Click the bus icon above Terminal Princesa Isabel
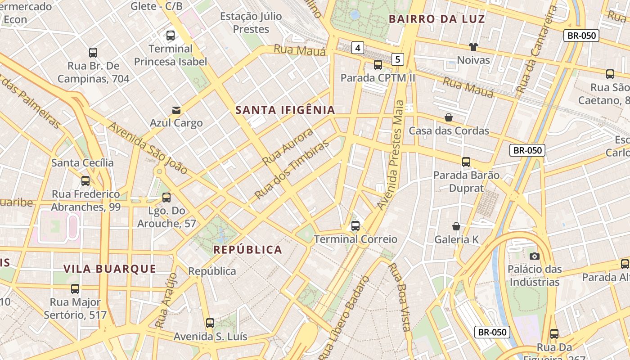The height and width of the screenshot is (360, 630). [x=170, y=36]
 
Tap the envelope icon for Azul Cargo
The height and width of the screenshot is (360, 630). [x=176, y=110]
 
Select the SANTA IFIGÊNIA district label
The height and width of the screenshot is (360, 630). [x=285, y=110]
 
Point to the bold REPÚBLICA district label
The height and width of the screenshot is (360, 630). [x=247, y=250]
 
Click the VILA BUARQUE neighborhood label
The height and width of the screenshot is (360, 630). [x=110, y=269]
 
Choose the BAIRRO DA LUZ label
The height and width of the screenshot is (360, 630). [x=437, y=19]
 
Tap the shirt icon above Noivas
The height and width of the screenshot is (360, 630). [x=473, y=46]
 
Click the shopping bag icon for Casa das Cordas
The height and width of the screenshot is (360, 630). [x=449, y=118]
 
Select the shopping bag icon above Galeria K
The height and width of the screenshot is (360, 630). [x=456, y=226]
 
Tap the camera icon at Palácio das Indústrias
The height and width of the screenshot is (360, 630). [x=535, y=256]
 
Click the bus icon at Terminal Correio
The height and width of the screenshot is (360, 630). [x=355, y=226]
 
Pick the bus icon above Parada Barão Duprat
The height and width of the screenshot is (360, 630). [x=466, y=162]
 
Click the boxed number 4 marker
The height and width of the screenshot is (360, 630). [x=358, y=48]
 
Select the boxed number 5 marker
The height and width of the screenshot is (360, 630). [x=398, y=59]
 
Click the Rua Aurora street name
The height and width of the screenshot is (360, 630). [x=288, y=146]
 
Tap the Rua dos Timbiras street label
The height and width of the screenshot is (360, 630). [x=292, y=170]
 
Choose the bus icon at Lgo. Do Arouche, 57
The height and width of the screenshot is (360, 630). [x=166, y=198]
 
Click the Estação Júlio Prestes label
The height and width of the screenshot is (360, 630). [x=251, y=23]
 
